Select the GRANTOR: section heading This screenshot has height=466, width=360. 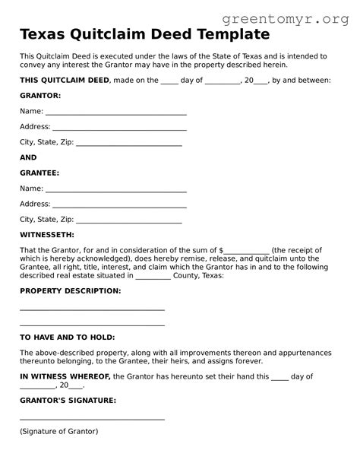coord(40,96)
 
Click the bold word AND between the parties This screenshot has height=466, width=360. coord(28,157)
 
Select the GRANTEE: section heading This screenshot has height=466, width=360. coord(39,173)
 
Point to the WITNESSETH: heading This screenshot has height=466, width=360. coord(47,235)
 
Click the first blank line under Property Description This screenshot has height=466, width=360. coord(92,309)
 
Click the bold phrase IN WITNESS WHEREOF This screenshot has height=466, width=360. coord(65,376)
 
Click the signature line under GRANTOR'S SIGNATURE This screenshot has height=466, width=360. coord(92,419)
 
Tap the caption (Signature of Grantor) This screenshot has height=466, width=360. coord(58,431)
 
